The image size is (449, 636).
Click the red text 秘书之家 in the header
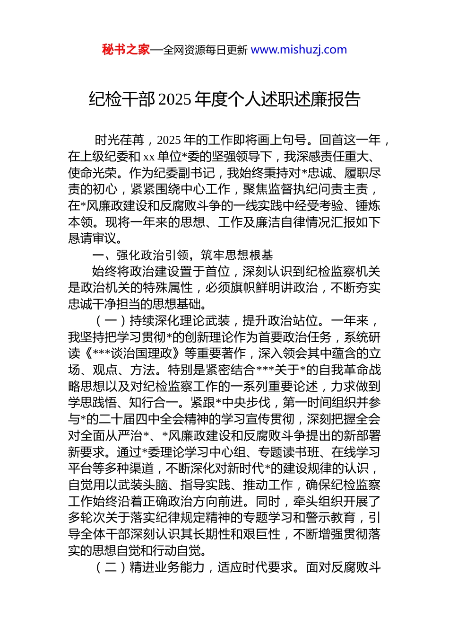click(126, 50)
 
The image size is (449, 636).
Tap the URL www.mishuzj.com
click(299, 50)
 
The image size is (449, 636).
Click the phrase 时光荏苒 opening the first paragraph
click(119, 140)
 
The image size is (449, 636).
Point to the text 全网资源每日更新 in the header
click(205, 50)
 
